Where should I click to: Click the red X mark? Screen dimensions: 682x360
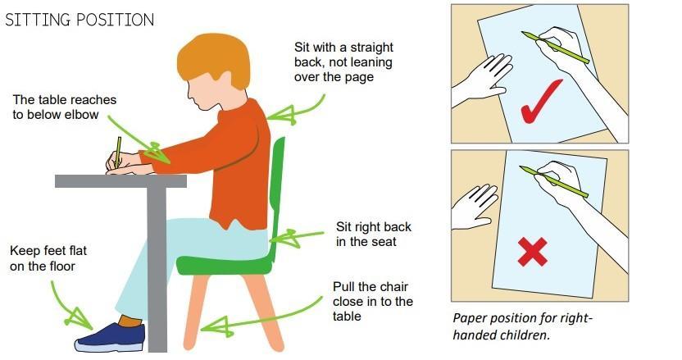tap(532, 252)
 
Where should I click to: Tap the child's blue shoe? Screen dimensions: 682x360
tap(110, 337)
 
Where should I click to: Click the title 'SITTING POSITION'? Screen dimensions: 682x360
tap(80, 20)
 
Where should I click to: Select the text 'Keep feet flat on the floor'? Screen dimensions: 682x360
tap(48, 258)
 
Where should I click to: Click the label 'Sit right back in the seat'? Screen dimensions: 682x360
tap(373, 235)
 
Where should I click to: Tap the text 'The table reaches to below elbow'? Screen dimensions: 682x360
tap(65, 107)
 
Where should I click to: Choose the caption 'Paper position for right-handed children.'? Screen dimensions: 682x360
tap(522, 326)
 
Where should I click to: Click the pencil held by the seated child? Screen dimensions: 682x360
tap(118, 152)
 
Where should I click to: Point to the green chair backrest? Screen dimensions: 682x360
tap(276, 192)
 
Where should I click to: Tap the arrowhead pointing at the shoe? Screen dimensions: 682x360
tap(80, 319)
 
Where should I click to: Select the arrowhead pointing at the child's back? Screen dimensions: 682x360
tap(281, 115)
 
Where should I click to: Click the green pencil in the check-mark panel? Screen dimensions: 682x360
tap(556, 48)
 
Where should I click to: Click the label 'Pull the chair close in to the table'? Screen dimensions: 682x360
tap(373, 301)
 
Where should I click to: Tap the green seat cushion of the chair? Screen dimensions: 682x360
tap(225, 264)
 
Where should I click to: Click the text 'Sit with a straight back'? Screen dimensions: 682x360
tap(343, 54)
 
